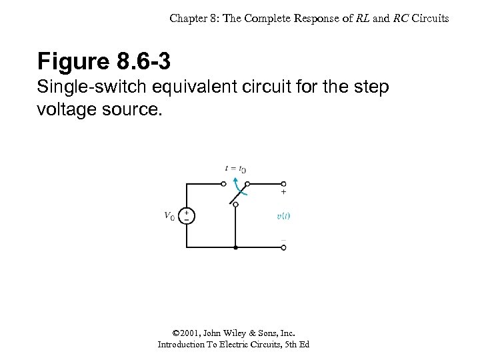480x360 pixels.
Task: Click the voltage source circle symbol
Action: [187, 216]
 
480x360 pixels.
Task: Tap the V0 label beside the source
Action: [169, 215]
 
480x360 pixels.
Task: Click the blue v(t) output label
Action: [283, 215]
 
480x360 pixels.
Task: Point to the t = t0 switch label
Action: [235, 169]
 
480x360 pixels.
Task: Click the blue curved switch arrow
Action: [241, 188]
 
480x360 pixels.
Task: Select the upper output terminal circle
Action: [283, 183]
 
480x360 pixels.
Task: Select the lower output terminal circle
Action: [283, 247]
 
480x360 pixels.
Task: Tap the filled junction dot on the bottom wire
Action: [235, 247]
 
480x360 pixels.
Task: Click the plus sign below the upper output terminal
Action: [283, 192]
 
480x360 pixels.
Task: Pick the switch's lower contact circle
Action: [235, 204]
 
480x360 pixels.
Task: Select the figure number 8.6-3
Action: [143, 62]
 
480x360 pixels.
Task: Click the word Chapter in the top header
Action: [188, 19]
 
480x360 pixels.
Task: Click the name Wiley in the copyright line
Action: [235, 333]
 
